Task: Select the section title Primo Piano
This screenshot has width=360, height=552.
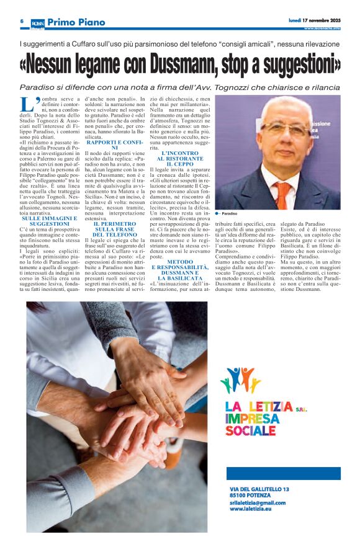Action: pos(76,22)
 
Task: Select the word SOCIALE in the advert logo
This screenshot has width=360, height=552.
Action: pos(251,430)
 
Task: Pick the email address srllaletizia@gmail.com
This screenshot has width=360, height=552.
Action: pos(258,502)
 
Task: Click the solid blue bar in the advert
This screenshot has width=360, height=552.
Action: pos(283,473)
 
